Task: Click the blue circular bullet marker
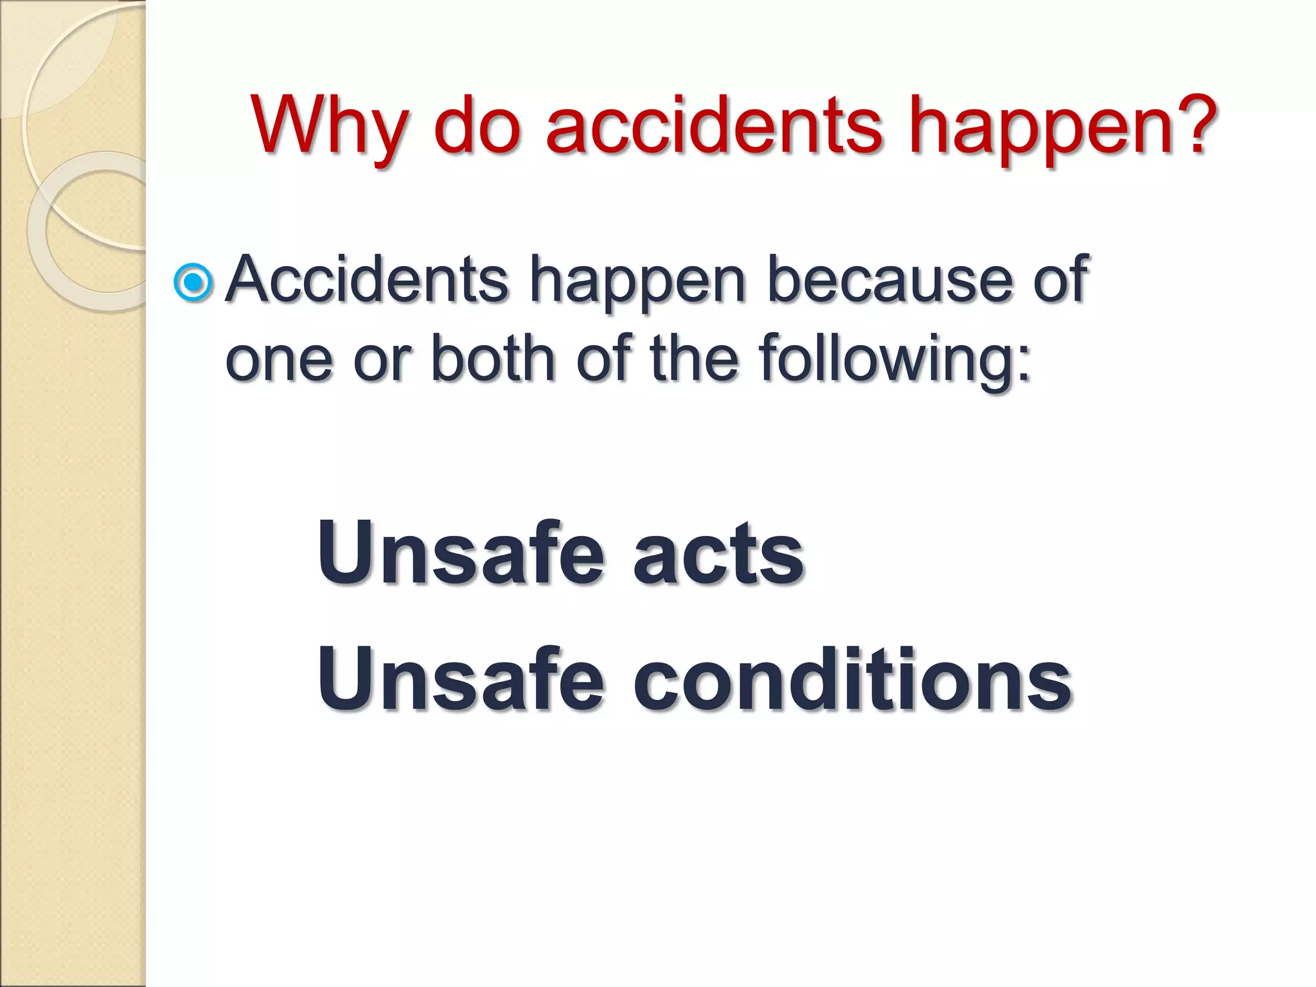tap(193, 282)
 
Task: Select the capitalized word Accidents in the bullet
tap(367, 280)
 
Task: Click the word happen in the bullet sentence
tap(637, 286)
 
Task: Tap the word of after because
tap(1060, 280)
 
